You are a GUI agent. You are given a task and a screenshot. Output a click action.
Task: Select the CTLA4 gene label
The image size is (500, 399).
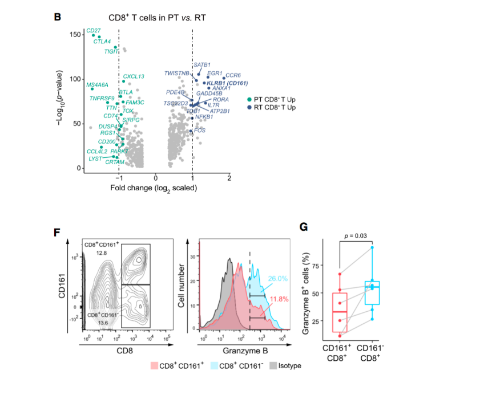(102, 41)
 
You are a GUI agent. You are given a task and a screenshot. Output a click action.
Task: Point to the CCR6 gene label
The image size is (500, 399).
(233, 75)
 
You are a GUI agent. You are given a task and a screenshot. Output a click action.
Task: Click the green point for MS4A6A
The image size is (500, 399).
(92, 89)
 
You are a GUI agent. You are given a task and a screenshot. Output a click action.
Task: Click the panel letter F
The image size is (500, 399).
(57, 231)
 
